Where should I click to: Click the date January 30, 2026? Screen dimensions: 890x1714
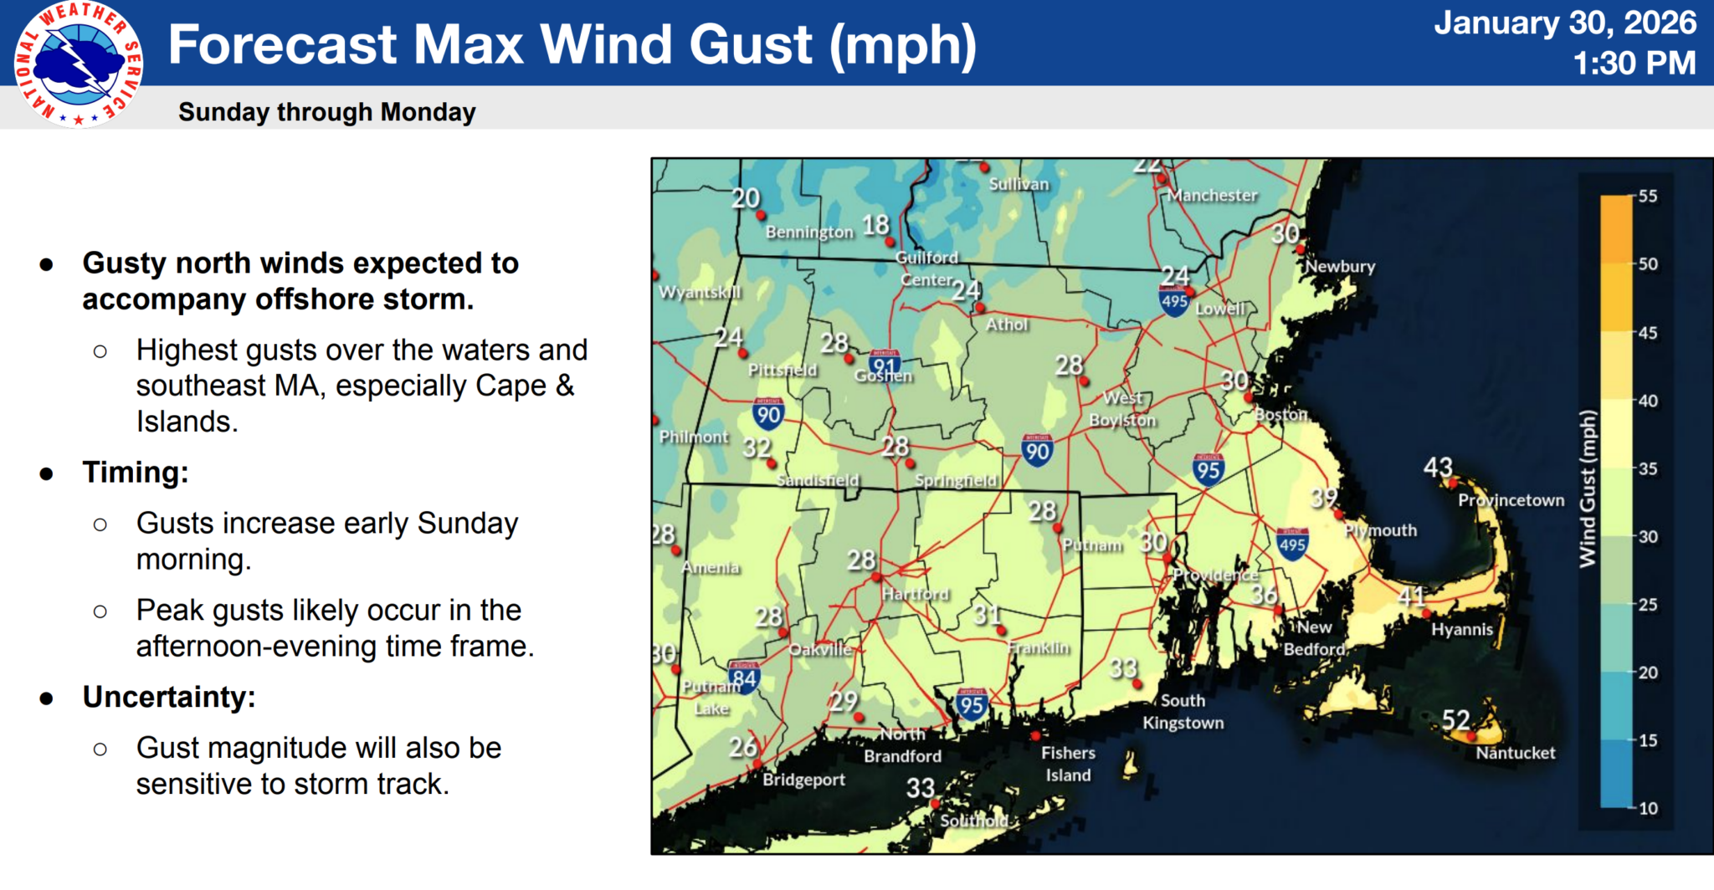point(1564,23)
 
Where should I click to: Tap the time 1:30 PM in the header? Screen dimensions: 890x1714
point(1633,63)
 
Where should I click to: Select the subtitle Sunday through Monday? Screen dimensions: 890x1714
point(326,112)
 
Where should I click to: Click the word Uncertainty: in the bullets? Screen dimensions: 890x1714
point(168,697)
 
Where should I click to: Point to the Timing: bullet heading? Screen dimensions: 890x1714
point(135,473)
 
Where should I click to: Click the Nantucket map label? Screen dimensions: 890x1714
point(1515,753)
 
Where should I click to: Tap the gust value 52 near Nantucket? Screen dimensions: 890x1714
point(1455,719)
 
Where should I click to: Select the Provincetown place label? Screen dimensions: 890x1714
point(1511,500)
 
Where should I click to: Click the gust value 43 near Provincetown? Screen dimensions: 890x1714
point(1438,467)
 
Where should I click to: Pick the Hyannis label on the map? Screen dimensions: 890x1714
point(1461,630)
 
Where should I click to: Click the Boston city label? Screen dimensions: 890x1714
point(1280,415)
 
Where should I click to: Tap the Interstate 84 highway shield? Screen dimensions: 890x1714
point(743,678)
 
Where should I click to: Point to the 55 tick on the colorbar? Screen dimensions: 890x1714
point(1647,197)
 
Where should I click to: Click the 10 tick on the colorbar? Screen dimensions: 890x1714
point(1647,808)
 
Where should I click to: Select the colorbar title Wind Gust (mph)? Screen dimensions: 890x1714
point(1588,489)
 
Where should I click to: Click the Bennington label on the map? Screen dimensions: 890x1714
point(808,232)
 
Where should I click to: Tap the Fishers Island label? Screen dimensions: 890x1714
point(1067,764)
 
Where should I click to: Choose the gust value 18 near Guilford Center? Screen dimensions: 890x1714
point(875,224)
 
